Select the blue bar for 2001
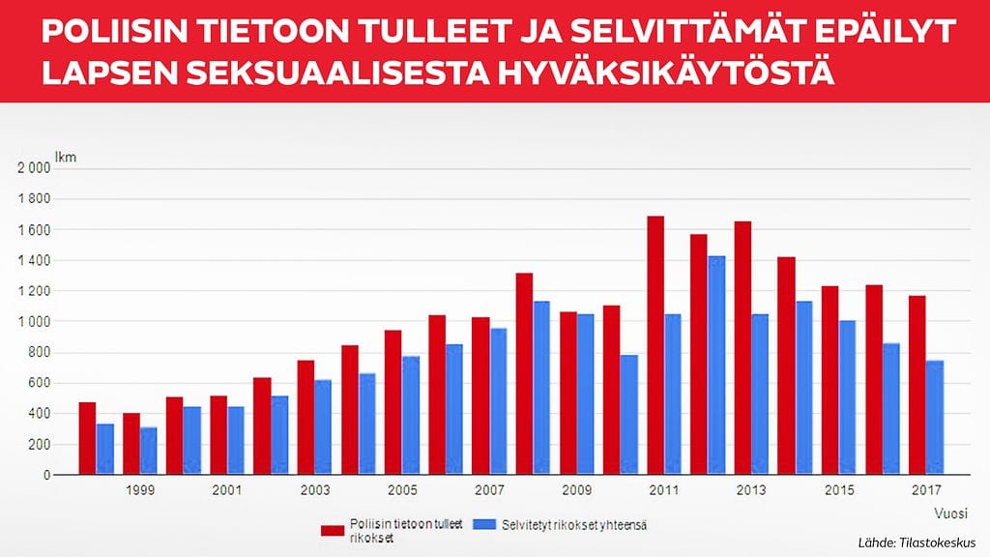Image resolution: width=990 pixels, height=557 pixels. coord(236,441)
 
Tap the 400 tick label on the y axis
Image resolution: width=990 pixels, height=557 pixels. coord(39,414)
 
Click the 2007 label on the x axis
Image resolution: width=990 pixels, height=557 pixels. coord(489,490)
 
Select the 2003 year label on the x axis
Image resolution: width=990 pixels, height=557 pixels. coord(314,490)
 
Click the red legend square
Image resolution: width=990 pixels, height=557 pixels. coord(334,529)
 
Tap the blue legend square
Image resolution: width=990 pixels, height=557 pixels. coord(485,525)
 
